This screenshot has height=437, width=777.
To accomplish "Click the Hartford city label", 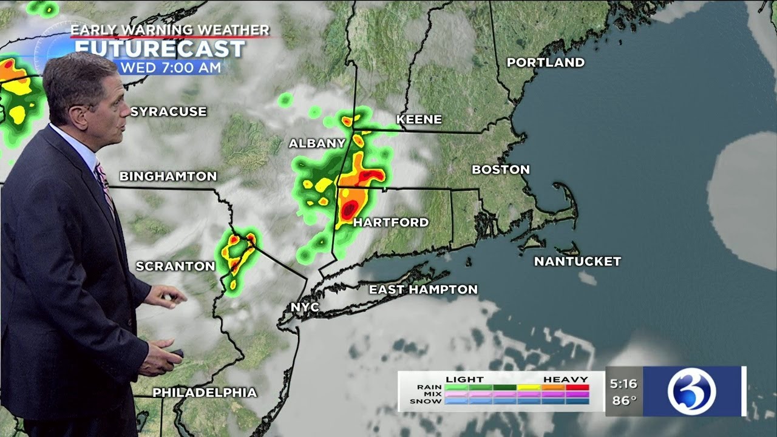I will point(391,223).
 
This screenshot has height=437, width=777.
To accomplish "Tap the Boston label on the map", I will point(501,170).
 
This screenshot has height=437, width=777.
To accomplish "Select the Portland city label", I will point(546,63).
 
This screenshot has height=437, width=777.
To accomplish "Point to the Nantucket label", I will point(577,262).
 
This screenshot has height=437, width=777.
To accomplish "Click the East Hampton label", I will point(423,290).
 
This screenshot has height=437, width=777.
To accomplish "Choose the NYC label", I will point(305,307).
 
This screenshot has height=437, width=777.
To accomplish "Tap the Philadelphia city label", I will point(205,393).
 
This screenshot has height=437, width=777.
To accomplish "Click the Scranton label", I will point(175,266).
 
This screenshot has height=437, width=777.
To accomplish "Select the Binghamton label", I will point(168,177).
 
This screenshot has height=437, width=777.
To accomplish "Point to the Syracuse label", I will point(169,112).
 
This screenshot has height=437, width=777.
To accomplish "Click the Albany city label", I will point(317,144).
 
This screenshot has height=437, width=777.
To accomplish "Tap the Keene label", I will point(419,120).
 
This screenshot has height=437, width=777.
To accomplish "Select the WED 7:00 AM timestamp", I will point(171,68).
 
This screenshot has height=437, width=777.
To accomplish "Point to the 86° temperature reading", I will point(624,401).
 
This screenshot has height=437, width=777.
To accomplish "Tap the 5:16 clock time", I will point(624,384).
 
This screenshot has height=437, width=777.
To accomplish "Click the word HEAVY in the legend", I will point(566,379).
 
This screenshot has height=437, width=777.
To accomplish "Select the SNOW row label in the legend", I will point(425,401).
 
